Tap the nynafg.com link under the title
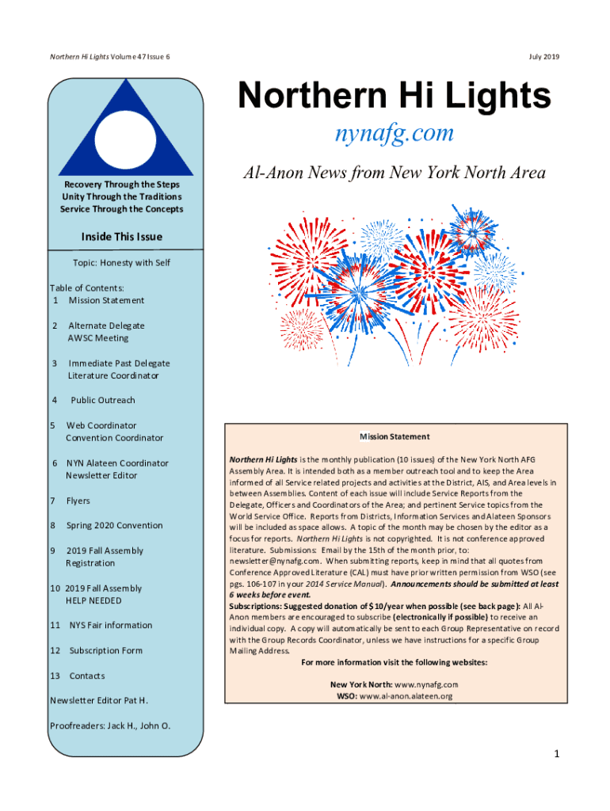click(393, 132)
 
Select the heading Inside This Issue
click(121, 237)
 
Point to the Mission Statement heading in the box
click(395, 436)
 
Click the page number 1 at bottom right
click(557, 754)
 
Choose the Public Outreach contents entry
click(102, 400)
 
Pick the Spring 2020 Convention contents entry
click(114, 525)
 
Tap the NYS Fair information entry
click(110, 625)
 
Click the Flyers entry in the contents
click(78, 501)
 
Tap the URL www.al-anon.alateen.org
click(406, 696)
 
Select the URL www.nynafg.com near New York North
click(426, 683)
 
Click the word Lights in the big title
click(497, 97)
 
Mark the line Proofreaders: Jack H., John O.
click(110, 725)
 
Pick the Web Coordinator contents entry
click(101, 425)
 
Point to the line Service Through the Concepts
click(121, 209)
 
